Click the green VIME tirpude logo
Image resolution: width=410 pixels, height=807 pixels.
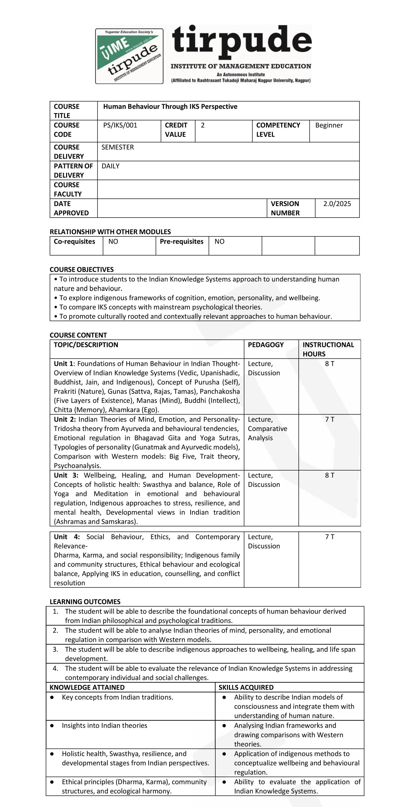[129, 56]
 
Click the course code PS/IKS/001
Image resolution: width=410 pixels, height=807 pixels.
[120, 125]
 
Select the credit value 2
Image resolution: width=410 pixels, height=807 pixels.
[203, 125]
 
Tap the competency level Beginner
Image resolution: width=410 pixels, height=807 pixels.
[329, 125]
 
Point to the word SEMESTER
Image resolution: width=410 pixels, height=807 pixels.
[118, 147]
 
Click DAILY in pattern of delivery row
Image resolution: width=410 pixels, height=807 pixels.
[110, 166]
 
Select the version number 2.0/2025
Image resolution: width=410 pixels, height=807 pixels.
[337, 204]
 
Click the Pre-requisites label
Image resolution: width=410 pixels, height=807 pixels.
[181, 242]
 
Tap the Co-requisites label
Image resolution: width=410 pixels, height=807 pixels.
[74, 242]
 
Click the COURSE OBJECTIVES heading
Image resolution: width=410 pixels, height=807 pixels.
[82, 270]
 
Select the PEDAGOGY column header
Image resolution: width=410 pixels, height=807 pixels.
[266, 345]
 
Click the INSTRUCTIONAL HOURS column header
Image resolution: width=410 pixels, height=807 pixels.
[328, 349]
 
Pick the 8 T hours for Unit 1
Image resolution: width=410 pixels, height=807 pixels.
[329, 364]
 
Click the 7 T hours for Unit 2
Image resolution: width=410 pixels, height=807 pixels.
[329, 420]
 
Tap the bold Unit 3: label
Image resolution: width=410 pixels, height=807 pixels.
[66, 476]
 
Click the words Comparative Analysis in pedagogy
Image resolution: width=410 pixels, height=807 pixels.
[267, 433]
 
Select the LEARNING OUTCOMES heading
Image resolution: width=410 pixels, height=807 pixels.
[85, 602]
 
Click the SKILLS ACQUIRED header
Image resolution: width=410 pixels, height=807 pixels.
[246, 687]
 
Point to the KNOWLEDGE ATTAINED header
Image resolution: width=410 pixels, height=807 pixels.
[87, 687]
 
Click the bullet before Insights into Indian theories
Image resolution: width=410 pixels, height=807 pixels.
[52, 726]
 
